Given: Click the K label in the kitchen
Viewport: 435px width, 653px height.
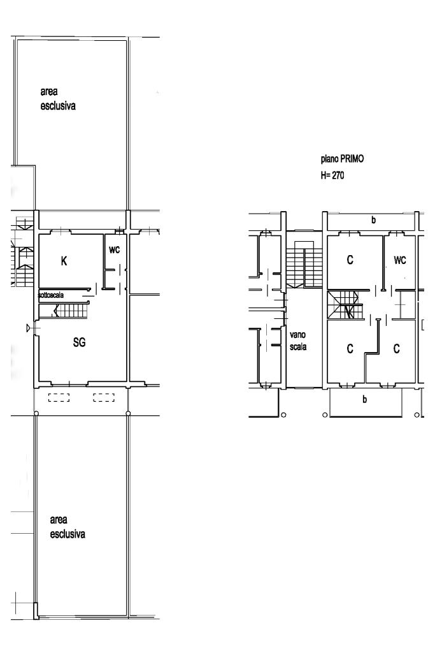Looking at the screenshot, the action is click(64, 261).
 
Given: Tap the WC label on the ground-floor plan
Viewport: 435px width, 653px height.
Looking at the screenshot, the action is click(115, 249).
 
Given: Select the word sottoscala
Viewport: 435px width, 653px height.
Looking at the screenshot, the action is click(51, 295).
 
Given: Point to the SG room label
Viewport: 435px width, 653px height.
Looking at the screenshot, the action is click(80, 342).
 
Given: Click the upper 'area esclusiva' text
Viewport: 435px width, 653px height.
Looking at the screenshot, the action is click(58, 99).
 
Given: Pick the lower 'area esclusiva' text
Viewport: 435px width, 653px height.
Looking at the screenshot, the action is click(68, 527).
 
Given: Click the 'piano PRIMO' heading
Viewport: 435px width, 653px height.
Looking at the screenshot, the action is click(342, 159).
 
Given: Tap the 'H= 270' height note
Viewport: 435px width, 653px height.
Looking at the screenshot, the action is click(332, 175).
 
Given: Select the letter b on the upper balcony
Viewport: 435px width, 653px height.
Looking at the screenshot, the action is click(373, 220).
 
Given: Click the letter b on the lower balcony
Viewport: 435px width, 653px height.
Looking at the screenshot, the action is click(364, 399).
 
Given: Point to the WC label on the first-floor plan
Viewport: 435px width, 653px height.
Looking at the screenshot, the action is click(399, 260).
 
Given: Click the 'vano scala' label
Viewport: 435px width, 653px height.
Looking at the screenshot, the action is click(298, 341).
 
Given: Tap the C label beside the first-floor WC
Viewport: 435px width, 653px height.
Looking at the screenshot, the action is click(350, 260).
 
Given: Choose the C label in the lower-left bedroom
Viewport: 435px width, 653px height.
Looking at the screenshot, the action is click(350, 349).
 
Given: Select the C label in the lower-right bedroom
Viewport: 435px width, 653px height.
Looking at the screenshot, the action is click(396, 349).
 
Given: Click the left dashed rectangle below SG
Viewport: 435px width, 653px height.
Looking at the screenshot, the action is click(59, 398).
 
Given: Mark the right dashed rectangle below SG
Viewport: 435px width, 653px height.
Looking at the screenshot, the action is click(104, 398).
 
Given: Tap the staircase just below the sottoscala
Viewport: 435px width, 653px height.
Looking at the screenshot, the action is click(64, 311).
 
